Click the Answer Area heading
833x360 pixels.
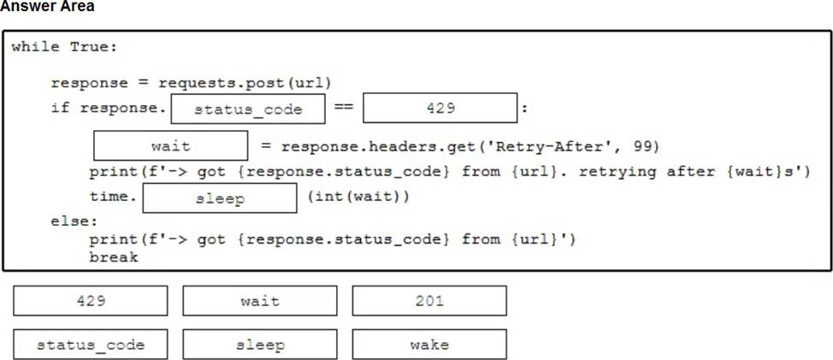(47, 7)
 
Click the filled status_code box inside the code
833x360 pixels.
(248, 109)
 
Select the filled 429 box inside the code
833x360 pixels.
(440, 109)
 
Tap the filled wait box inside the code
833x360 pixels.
(170, 146)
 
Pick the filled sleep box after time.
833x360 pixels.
(220, 198)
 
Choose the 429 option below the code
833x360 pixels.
(91, 301)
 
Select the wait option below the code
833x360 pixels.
(260, 301)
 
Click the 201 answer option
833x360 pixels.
(428, 301)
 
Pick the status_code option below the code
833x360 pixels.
(91, 345)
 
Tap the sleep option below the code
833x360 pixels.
(260, 345)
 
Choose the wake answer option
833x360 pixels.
(428, 345)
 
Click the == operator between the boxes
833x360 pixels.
(344, 109)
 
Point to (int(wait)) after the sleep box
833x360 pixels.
(357, 198)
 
